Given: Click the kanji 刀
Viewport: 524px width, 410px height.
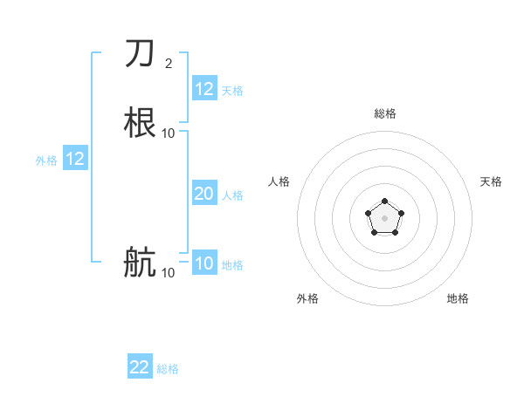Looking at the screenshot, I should point(140,54).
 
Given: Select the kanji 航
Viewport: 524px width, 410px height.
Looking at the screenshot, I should point(140,262).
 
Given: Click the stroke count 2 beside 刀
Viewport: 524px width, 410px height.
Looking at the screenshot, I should point(169,63).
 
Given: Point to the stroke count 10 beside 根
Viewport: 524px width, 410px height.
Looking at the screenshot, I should point(169,133).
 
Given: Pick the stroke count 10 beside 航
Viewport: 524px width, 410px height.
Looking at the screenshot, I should point(169,272).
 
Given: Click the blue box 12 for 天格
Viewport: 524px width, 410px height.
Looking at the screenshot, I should point(204,89).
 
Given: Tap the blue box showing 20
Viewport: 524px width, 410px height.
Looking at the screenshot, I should point(204,194).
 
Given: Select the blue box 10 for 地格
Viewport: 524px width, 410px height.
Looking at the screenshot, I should point(204,263).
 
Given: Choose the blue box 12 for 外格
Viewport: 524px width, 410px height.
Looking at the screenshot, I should point(75,159).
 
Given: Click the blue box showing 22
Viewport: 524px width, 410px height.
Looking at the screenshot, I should point(140,367).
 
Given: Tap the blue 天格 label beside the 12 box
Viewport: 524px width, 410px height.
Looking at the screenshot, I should point(232,91).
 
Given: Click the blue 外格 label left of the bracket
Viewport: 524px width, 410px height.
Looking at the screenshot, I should point(46,161).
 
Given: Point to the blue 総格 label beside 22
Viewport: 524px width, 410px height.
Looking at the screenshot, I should point(168,369).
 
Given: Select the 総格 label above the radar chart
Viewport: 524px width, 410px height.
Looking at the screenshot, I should point(384,113).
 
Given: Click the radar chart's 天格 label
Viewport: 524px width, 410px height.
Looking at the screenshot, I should point(491,181).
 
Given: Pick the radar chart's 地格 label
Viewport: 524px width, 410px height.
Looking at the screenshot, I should point(458,298).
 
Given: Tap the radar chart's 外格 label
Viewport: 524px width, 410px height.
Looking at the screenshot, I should point(307,298).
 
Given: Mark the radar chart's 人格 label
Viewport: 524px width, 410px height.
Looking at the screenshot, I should point(279,181).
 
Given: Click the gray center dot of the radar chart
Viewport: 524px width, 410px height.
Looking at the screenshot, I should point(384,217).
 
